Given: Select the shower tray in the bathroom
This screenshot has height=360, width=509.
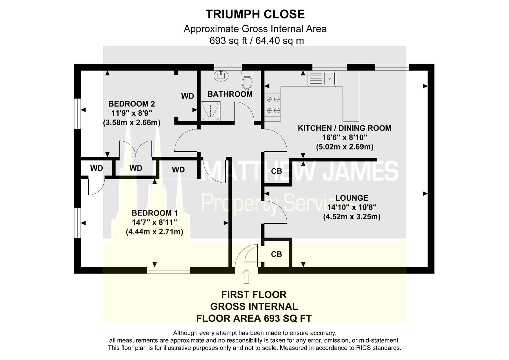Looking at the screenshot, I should coord(210,111).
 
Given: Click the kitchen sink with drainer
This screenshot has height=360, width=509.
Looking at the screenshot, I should coord(322,79).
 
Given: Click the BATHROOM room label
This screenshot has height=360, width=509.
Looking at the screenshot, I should coord(230,94).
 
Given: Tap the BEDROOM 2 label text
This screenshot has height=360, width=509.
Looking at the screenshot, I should coord(131,104).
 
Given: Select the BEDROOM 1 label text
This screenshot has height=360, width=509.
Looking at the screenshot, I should coord(154,213).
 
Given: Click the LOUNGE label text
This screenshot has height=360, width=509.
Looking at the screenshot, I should coord(352,198).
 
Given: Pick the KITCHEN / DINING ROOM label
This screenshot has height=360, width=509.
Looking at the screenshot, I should coord(344,128).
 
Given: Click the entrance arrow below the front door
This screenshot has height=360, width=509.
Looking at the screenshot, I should coord(246,277).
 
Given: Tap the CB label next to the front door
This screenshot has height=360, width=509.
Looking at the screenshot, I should coord(276,254).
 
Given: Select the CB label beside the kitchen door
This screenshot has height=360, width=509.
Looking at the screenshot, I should coord(276,171).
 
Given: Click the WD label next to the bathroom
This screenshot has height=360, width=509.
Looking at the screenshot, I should coord(187,96).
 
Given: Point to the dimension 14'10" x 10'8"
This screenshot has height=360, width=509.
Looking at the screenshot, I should coord(352,207).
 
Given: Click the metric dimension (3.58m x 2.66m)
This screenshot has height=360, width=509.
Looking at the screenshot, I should coord(131,122).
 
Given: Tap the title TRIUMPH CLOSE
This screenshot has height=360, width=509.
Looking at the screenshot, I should coord(255,14).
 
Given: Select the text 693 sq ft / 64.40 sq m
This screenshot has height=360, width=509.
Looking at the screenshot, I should coord(256,41).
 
